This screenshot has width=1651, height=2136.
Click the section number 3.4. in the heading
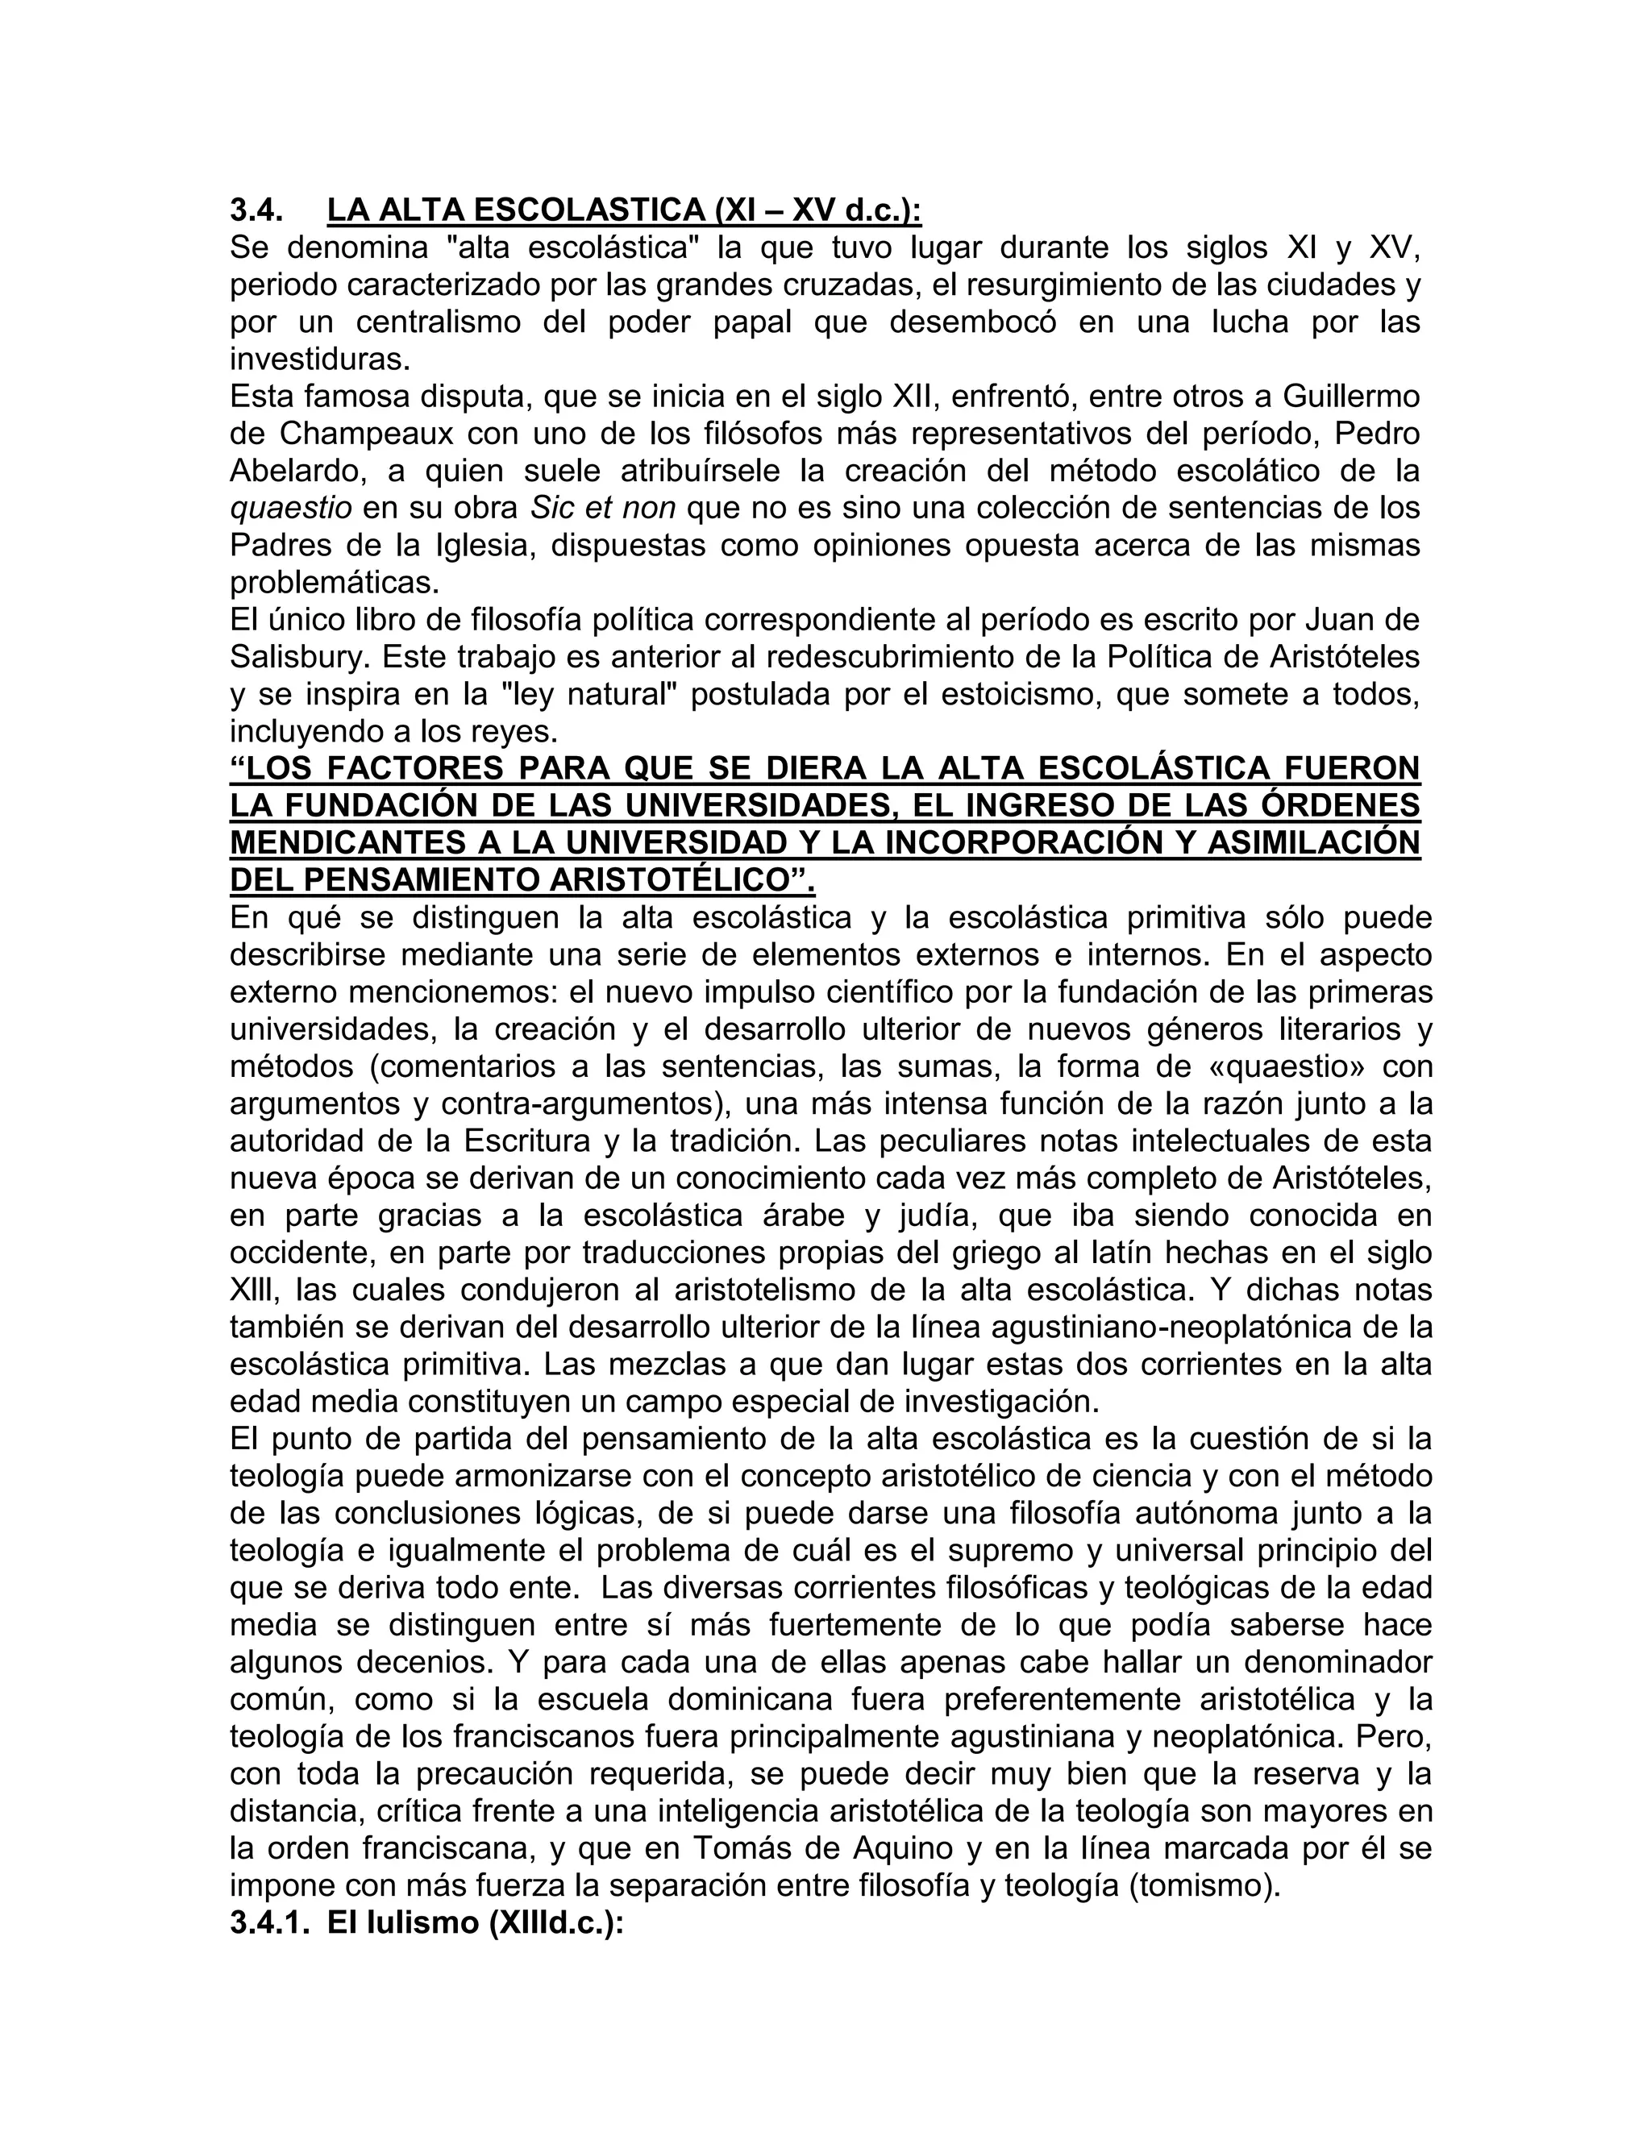256,210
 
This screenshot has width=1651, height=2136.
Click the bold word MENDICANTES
344,842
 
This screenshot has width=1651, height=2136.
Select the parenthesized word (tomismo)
1204,1885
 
